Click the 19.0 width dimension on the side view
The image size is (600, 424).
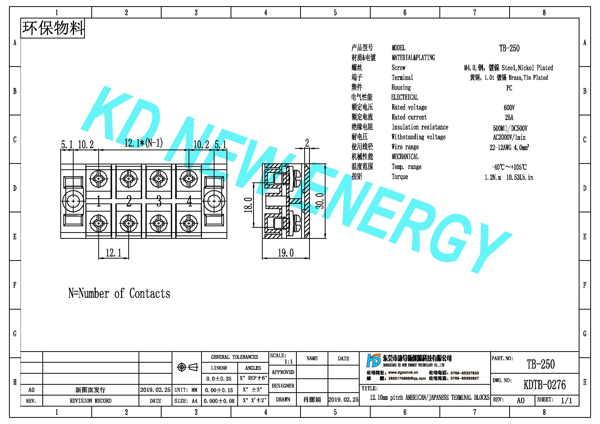click(x=286, y=253)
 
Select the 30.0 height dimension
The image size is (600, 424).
click(x=320, y=201)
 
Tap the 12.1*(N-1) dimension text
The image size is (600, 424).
click(x=143, y=143)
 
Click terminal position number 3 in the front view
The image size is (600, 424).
click(x=159, y=201)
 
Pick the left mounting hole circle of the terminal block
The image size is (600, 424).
click(x=73, y=201)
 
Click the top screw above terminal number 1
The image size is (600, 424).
click(x=99, y=179)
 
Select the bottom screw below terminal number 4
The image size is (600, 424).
click(x=189, y=223)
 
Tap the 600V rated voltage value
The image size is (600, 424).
click(x=509, y=107)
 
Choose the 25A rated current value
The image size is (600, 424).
click(x=509, y=117)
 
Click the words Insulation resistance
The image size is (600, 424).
click(x=420, y=127)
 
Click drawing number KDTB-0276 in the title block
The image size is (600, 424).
click(x=545, y=384)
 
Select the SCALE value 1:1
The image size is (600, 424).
click(x=289, y=362)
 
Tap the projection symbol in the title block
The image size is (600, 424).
click(x=187, y=367)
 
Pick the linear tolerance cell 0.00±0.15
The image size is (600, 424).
click(x=219, y=390)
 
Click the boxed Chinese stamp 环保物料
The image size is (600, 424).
click(x=53, y=28)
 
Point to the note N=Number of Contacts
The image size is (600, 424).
click(x=119, y=293)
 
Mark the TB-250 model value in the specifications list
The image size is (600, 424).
click(x=509, y=48)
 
